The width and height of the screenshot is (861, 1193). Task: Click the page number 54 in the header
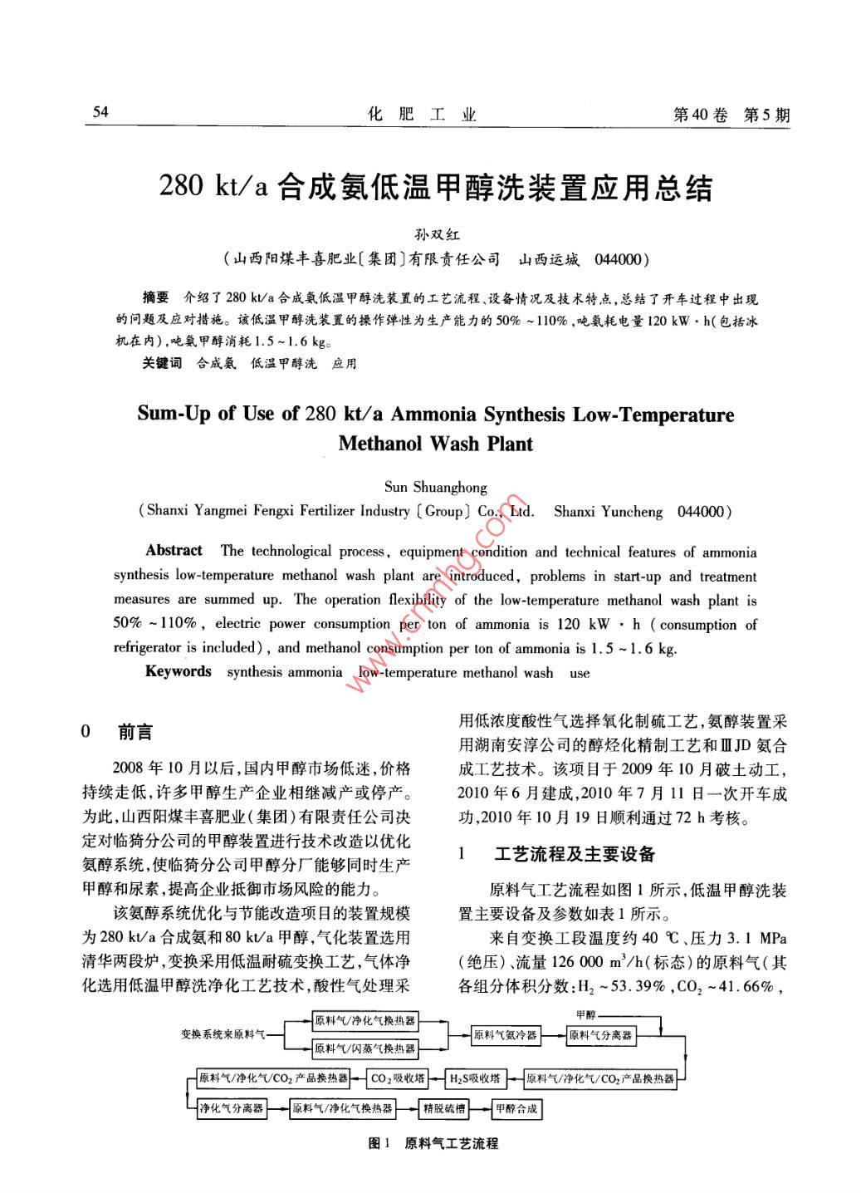(x=100, y=112)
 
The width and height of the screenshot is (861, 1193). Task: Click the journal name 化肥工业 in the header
(x=422, y=115)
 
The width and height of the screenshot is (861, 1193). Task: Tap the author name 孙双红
(x=431, y=235)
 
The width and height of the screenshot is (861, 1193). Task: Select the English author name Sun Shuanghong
(x=436, y=487)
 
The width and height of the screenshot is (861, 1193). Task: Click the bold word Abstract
(x=174, y=550)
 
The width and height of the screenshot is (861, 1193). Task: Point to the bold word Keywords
(x=178, y=671)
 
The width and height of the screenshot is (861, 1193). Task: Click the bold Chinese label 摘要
(x=155, y=297)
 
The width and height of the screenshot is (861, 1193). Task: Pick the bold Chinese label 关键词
(x=162, y=363)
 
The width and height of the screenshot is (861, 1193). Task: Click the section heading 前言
(x=135, y=732)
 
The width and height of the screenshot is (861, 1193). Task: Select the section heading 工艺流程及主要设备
(x=575, y=854)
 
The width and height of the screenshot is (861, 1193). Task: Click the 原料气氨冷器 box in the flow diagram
(x=505, y=1035)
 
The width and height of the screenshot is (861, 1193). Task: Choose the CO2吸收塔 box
(x=398, y=1078)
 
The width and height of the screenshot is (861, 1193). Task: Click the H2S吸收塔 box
(x=475, y=1078)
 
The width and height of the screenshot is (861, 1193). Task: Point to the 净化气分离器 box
(x=231, y=1108)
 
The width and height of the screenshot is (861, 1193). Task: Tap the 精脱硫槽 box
(x=445, y=1108)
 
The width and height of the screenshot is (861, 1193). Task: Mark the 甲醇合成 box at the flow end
(x=516, y=1108)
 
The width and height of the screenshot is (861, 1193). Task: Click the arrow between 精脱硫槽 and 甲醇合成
(x=480, y=1108)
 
